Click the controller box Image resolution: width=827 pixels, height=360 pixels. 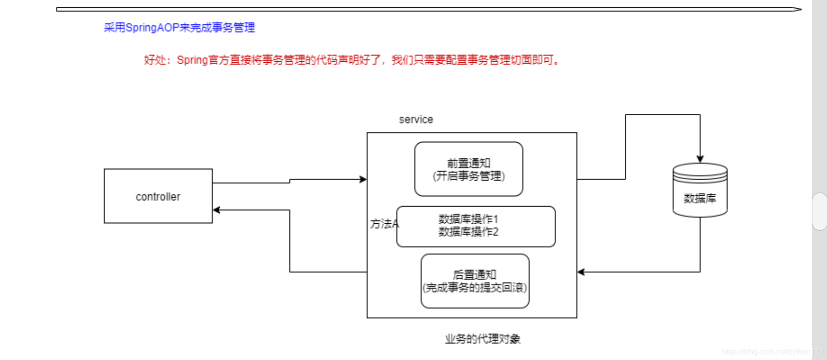[158, 196]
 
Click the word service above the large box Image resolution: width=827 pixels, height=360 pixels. [416, 119]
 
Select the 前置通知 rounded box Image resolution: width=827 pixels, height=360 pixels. [468, 169]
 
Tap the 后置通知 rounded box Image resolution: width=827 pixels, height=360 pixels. [475, 281]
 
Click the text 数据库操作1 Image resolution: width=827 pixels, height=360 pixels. [468, 220]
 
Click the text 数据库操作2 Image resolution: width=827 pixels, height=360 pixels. [468, 232]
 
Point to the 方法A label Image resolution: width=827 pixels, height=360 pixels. [384, 224]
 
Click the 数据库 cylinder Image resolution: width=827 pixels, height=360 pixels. [700, 190]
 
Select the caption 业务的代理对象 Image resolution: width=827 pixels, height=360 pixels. [482, 339]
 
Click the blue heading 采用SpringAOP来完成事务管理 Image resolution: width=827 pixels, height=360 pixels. [179, 28]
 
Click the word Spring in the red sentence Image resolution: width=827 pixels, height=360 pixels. [192, 60]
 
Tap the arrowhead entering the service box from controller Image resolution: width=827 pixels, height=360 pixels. [363, 179]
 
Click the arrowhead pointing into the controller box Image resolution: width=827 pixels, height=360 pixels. [216, 210]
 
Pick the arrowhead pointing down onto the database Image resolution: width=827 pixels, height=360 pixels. [700, 159]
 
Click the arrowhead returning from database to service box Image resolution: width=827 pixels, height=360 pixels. [581, 272]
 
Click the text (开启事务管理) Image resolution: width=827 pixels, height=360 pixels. [468, 176]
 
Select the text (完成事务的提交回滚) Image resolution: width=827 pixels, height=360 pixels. [475, 288]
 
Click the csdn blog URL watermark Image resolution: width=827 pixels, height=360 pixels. [772, 352]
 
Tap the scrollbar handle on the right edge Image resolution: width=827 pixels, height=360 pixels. [819, 211]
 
